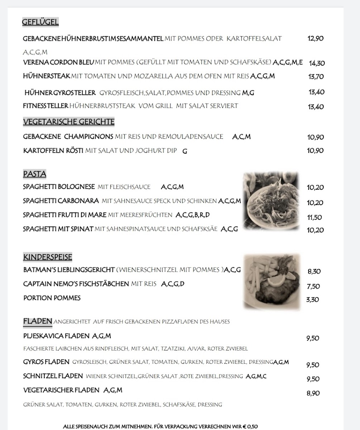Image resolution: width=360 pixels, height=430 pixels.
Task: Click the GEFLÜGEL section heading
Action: [40, 22]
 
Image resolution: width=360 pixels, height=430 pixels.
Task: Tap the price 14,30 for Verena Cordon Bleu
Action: [317, 63]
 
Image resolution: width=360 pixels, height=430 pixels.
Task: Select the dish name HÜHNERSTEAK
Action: [47, 76]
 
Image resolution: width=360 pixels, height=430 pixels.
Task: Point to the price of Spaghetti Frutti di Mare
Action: [314, 217]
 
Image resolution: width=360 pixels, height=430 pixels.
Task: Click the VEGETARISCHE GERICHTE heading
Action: [69, 122]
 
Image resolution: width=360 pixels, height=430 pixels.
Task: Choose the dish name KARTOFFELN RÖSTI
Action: [53, 150]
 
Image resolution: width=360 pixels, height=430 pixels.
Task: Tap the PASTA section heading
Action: [35, 174]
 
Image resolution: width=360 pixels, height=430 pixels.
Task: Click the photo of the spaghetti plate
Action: [271, 201]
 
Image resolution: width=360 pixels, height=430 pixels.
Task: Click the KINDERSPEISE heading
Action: [48, 257]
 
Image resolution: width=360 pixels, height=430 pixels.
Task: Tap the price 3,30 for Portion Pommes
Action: [312, 300]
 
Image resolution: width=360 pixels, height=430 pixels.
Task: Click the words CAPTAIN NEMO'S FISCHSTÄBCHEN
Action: [76, 284]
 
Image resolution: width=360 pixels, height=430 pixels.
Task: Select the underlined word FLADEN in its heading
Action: [38, 321]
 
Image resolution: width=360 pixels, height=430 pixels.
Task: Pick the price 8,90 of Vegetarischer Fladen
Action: [313, 393]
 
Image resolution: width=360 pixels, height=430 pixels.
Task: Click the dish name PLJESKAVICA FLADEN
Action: [56, 336]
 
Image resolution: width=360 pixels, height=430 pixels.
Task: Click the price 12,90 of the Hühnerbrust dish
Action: [315, 38]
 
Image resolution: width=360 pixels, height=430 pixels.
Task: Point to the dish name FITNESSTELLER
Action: [45, 106]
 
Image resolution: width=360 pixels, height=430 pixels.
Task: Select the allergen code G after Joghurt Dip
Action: [185, 151]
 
